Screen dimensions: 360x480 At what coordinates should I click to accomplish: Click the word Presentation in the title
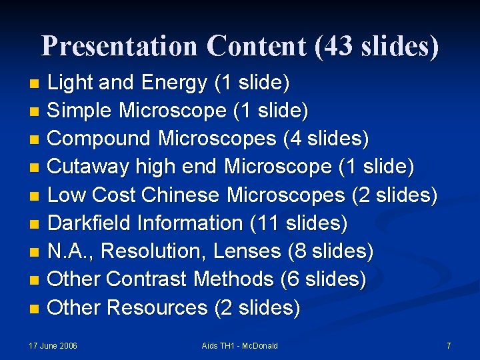coord(119,46)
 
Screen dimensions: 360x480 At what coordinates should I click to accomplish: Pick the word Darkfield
coord(90,223)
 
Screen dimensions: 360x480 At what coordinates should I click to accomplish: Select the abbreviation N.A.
coord(70,251)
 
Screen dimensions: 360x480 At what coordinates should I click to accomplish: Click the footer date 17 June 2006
coord(53,346)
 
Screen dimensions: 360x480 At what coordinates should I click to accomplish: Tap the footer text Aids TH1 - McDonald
coord(240,346)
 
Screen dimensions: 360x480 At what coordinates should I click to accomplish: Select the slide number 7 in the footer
coord(449,346)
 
